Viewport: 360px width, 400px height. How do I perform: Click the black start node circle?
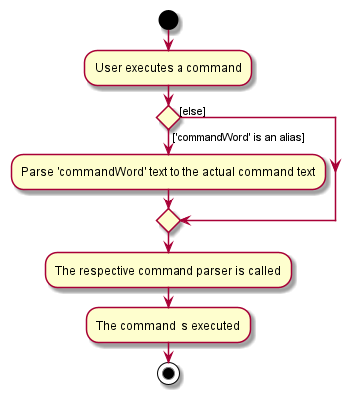(x=168, y=20)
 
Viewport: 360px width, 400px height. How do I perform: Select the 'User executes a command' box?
(x=168, y=68)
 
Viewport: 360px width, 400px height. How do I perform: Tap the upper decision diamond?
(x=168, y=116)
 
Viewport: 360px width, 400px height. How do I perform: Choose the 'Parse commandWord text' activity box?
(x=168, y=171)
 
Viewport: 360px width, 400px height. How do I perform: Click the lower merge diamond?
(x=168, y=218)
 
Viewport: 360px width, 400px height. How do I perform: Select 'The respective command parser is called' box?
(x=168, y=270)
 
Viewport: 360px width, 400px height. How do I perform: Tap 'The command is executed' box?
(x=168, y=325)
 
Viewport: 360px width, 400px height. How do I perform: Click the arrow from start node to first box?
(x=168, y=40)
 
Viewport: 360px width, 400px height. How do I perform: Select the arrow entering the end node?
(x=168, y=354)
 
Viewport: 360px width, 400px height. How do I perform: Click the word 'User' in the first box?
(x=108, y=68)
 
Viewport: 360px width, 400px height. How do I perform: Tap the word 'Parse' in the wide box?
(x=37, y=171)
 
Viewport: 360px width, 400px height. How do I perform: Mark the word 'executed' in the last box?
(x=212, y=325)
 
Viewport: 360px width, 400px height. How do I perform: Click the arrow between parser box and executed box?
(x=168, y=297)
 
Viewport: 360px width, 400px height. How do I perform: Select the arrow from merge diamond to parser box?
(x=168, y=242)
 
